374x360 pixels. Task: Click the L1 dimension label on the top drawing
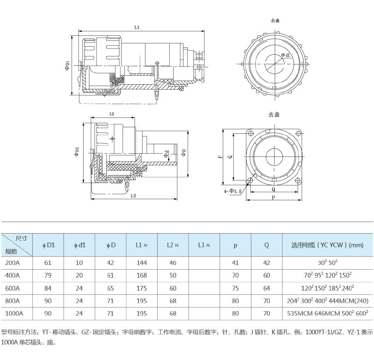click(137, 27)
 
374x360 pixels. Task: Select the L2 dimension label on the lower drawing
click(112, 113)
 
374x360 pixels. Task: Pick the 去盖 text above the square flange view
click(274, 115)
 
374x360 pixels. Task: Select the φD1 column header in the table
click(48, 245)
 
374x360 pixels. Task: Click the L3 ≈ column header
click(204, 245)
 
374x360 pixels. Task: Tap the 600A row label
click(13, 288)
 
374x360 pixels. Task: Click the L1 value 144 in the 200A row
click(142, 263)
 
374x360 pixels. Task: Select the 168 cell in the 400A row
click(142, 275)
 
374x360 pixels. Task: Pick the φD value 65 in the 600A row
click(110, 288)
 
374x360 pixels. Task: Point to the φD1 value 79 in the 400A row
click(48, 275)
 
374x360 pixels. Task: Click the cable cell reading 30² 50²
click(327, 263)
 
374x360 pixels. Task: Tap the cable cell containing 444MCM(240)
click(327, 301)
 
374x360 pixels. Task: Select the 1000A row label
click(14, 313)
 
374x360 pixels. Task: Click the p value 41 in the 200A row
click(235, 263)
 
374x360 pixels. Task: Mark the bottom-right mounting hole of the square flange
click(297, 180)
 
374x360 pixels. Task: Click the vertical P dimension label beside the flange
click(220, 157)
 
